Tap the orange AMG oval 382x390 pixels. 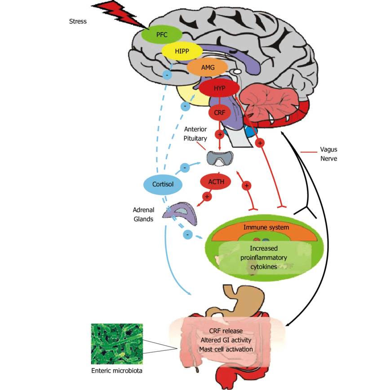pos(207,67)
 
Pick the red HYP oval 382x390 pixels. pos(219,88)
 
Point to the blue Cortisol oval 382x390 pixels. pos(163,184)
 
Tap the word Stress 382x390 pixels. pos(78,21)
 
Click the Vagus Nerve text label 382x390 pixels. pos(328,154)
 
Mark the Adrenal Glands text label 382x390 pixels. pos(143,214)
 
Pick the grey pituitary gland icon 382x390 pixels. pos(220,157)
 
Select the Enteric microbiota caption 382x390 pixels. pos(117,371)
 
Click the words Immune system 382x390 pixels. pos(266,227)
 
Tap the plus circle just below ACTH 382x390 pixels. pos(207,196)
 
